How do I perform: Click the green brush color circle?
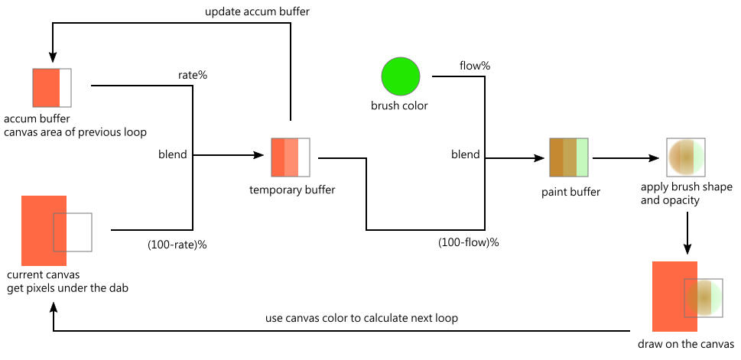(401, 76)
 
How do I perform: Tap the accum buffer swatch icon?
(52, 88)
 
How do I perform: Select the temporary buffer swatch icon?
(291, 157)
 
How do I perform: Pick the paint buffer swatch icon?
(569, 158)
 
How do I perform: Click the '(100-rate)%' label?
(177, 245)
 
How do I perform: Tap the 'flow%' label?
(474, 66)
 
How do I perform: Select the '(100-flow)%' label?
(469, 242)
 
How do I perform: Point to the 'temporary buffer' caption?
(291, 189)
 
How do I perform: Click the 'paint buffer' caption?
(570, 191)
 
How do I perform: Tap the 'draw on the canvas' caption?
(686, 344)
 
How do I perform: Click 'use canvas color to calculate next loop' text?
(362, 318)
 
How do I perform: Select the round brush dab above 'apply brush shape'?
(685, 157)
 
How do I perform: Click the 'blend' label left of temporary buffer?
(173, 154)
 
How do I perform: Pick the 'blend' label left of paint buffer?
(466, 154)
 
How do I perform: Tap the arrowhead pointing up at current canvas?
(53, 304)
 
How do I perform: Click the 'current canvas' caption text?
(43, 274)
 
